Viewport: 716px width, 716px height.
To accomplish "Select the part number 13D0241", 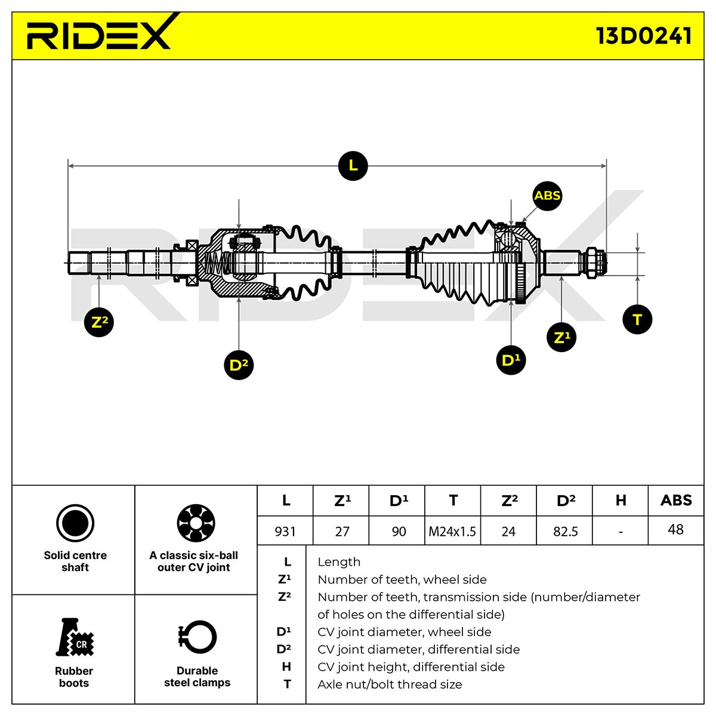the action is (x=644, y=36).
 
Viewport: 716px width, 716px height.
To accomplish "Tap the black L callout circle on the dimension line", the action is (x=353, y=166).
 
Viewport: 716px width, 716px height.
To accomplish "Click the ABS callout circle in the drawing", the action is (x=547, y=196).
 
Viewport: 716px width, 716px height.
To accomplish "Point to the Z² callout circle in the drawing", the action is (x=99, y=322).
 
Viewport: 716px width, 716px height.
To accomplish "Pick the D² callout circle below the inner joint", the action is (x=239, y=365).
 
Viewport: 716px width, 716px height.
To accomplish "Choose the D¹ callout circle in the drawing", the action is (x=511, y=360).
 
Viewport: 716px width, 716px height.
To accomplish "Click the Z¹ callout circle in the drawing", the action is (x=561, y=337).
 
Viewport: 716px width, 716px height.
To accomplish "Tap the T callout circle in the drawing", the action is (x=637, y=320).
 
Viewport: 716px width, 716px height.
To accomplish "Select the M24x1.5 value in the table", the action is (x=452, y=532).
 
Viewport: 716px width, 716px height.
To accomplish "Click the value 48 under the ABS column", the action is (x=675, y=529).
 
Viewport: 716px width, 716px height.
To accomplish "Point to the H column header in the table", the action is (x=621, y=501).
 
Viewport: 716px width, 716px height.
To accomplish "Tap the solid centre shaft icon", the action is (x=75, y=523).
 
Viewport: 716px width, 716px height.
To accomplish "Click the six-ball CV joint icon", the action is (x=196, y=523).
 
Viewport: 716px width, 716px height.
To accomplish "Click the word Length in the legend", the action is (x=339, y=562).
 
